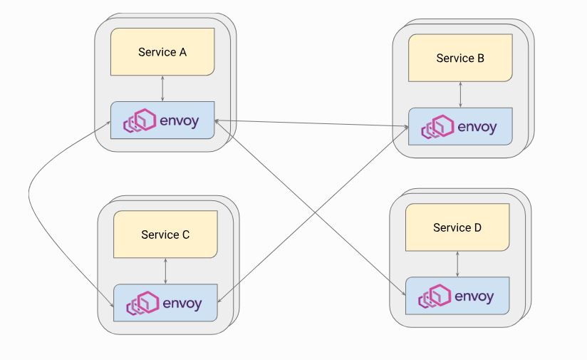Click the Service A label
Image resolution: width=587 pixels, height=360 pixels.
[162, 52]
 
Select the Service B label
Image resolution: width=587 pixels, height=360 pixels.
[460, 58]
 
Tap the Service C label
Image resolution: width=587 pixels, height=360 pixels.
[165, 235]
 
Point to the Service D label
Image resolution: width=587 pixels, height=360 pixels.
[457, 228]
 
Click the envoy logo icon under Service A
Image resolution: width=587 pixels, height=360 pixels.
[140, 121]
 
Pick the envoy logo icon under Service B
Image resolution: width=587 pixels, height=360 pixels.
[437, 127]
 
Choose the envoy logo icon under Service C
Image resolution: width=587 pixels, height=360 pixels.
[142, 304]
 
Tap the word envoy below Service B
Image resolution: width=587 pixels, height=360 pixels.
[477, 127]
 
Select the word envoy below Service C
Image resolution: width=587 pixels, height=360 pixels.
[182, 304]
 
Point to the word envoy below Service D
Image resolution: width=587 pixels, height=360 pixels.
[474, 296]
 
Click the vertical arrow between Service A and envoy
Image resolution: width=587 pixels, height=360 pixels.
[163, 88]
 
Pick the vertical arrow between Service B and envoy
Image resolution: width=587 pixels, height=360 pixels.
[461, 94]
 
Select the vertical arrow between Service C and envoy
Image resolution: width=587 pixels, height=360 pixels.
[165, 271]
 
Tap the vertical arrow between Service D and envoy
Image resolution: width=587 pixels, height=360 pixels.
[457, 264]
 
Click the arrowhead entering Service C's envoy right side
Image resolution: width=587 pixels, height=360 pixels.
[219, 302]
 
